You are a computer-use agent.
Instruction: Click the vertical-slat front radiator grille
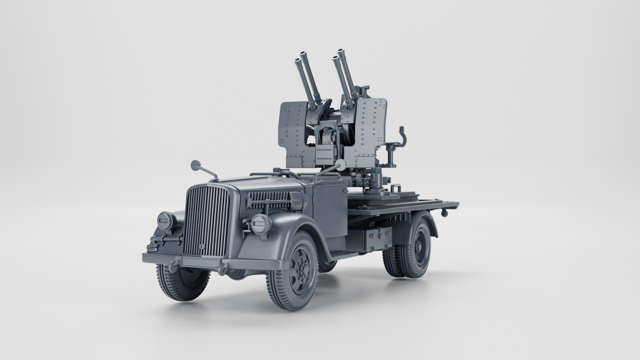coord(207,222)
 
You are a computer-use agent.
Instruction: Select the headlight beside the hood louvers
coord(261,224)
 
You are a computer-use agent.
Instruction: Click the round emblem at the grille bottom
coord(202,246)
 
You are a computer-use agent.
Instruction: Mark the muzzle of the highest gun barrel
coord(341,51)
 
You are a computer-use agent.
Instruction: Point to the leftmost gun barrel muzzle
coord(296,60)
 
